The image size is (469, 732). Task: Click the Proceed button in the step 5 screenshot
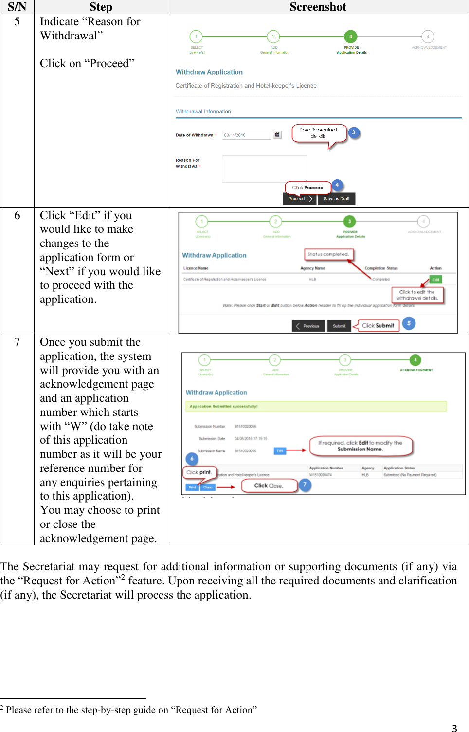299,199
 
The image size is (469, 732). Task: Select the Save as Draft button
336,199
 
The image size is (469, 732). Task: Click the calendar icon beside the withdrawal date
277,135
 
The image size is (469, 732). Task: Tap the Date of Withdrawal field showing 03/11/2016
246,135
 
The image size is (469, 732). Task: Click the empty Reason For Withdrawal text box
264,169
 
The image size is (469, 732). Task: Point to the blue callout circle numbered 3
354,132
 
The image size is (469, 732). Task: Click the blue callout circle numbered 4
337,185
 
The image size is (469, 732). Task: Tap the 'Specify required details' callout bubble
319,133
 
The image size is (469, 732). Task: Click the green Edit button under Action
435,280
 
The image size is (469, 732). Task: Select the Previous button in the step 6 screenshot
308,326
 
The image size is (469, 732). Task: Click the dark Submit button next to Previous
339,326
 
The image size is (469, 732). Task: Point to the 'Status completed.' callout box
328,254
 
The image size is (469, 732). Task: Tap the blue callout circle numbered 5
409,323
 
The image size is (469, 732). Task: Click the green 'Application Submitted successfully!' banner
316,406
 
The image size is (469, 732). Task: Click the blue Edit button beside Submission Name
280,451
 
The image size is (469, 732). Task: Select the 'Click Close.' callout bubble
269,486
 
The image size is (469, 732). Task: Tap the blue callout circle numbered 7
305,485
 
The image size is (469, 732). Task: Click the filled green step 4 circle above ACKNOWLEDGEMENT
415,360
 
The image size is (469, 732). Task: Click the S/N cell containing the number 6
17,215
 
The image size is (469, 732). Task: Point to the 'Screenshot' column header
318,7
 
